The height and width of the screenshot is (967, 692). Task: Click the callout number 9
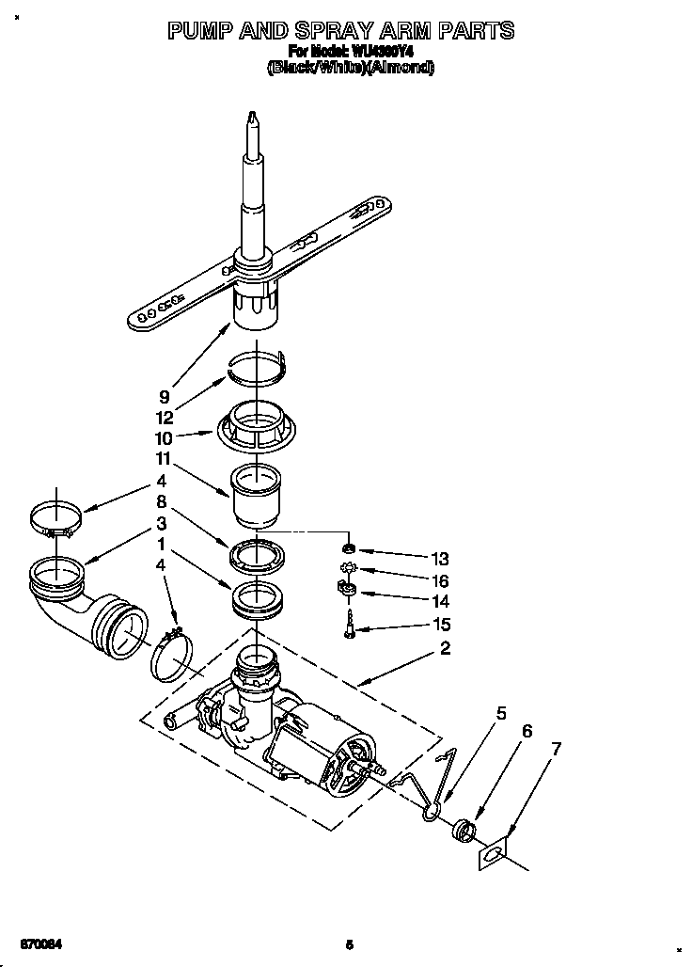coord(164,397)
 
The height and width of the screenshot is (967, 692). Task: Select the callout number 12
coord(164,418)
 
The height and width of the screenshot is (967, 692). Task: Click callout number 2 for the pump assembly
coord(444,648)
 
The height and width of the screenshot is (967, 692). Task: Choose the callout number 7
coord(556,749)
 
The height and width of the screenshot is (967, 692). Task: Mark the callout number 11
coord(164,461)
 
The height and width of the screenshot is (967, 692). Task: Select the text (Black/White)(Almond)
coord(351,68)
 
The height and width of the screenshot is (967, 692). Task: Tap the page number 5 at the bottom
coord(349,944)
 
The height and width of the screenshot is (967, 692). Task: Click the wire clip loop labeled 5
coord(432,810)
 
